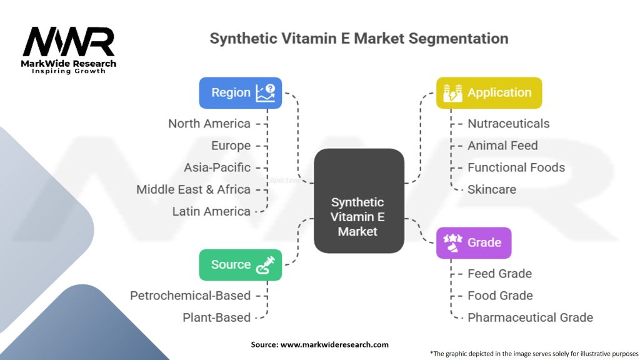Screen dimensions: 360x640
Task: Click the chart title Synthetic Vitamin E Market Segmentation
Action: tap(359, 38)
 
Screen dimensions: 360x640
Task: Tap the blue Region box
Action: tap(240, 92)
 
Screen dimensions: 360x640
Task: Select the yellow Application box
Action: tap(489, 92)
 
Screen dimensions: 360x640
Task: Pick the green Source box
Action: tap(240, 264)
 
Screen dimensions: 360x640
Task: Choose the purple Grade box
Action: tap(473, 242)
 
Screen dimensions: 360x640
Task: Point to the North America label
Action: tap(209, 124)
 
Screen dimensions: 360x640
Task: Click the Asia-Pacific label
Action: tap(217, 167)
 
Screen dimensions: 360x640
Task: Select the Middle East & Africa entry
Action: tap(194, 189)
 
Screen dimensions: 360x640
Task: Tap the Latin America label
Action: tap(211, 211)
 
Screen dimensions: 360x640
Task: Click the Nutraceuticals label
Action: tap(509, 124)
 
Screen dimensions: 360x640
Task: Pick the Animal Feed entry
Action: tap(502, 146)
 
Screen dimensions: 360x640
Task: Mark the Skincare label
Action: tap(492, 189)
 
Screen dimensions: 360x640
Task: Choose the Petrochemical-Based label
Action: tap(190, 296)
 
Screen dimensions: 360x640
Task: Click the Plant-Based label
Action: tap(216, 317)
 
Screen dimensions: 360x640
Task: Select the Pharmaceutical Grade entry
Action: tap(530, 317)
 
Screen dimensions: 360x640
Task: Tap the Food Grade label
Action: tap(500, 296)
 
